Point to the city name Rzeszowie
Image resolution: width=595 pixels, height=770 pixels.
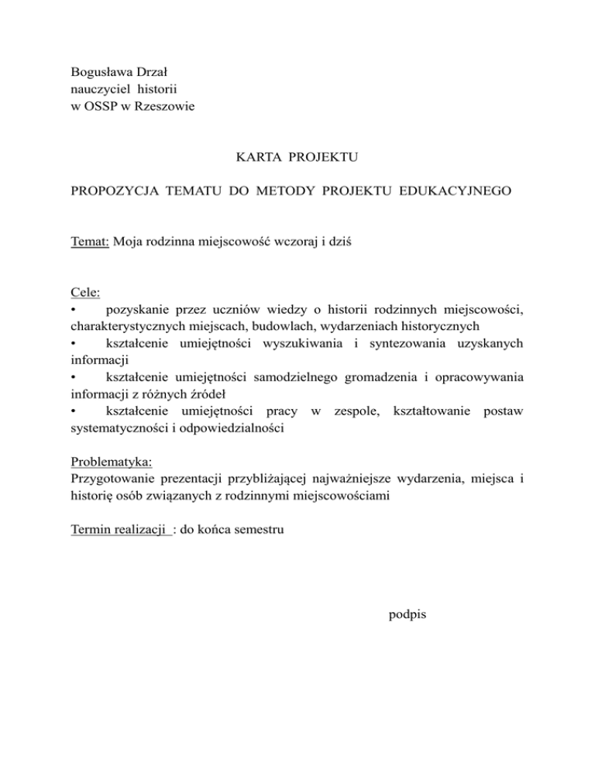tap(165, 105)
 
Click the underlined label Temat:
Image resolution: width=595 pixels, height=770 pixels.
tap(89, 241)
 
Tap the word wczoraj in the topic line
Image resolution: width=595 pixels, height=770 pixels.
tap(294, 241)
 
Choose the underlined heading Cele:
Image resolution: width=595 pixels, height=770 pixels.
tap(84, 292)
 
